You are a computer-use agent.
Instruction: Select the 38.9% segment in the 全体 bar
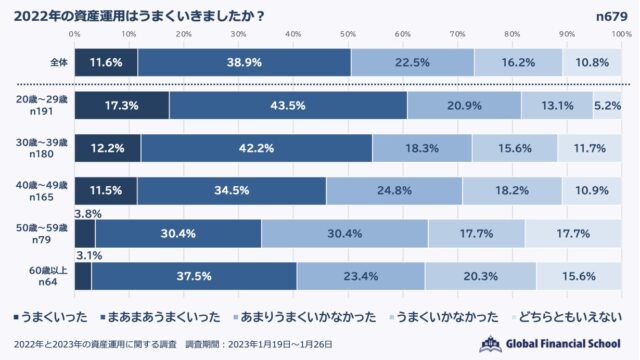(x=243, y=62)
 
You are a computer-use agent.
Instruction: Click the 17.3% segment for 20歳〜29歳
(x=121, y=105)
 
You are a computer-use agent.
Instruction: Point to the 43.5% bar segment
(x=288, y=105)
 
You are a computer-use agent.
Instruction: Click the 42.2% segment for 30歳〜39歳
(x=256, y=147)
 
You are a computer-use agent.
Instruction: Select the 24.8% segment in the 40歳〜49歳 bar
(x=394, y=190)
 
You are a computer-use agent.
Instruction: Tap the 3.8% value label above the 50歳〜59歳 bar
(x=88, y=213)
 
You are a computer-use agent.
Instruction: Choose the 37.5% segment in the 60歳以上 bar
(x=193, y=276)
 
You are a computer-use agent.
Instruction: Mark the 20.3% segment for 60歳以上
(x=480, y=276)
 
